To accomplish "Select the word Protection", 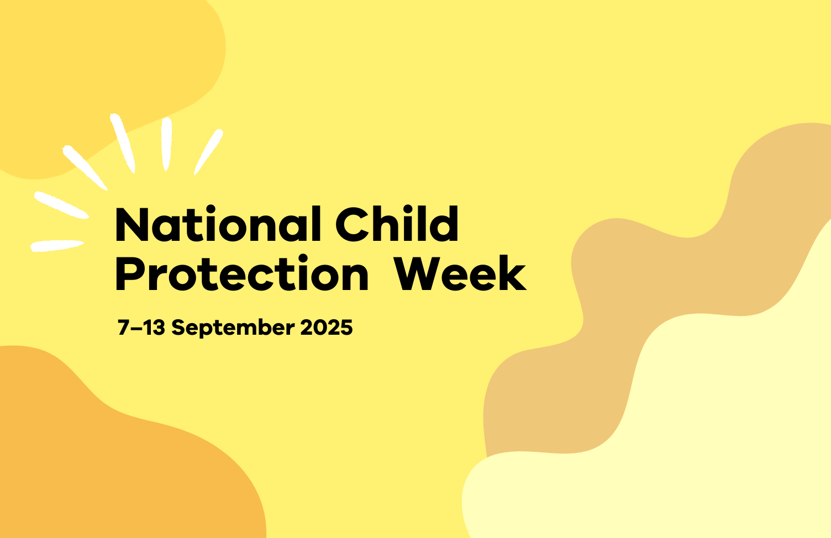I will coord(241,274).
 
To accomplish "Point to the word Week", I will coord(460,274).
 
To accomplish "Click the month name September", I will coord(233,328).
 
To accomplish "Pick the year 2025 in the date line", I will coord(327,328).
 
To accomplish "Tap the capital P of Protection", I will coord(128,274).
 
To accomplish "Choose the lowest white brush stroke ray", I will coord(57,245).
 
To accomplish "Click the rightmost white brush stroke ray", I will coord(208,151).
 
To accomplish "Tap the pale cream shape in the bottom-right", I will coord(718,442).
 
